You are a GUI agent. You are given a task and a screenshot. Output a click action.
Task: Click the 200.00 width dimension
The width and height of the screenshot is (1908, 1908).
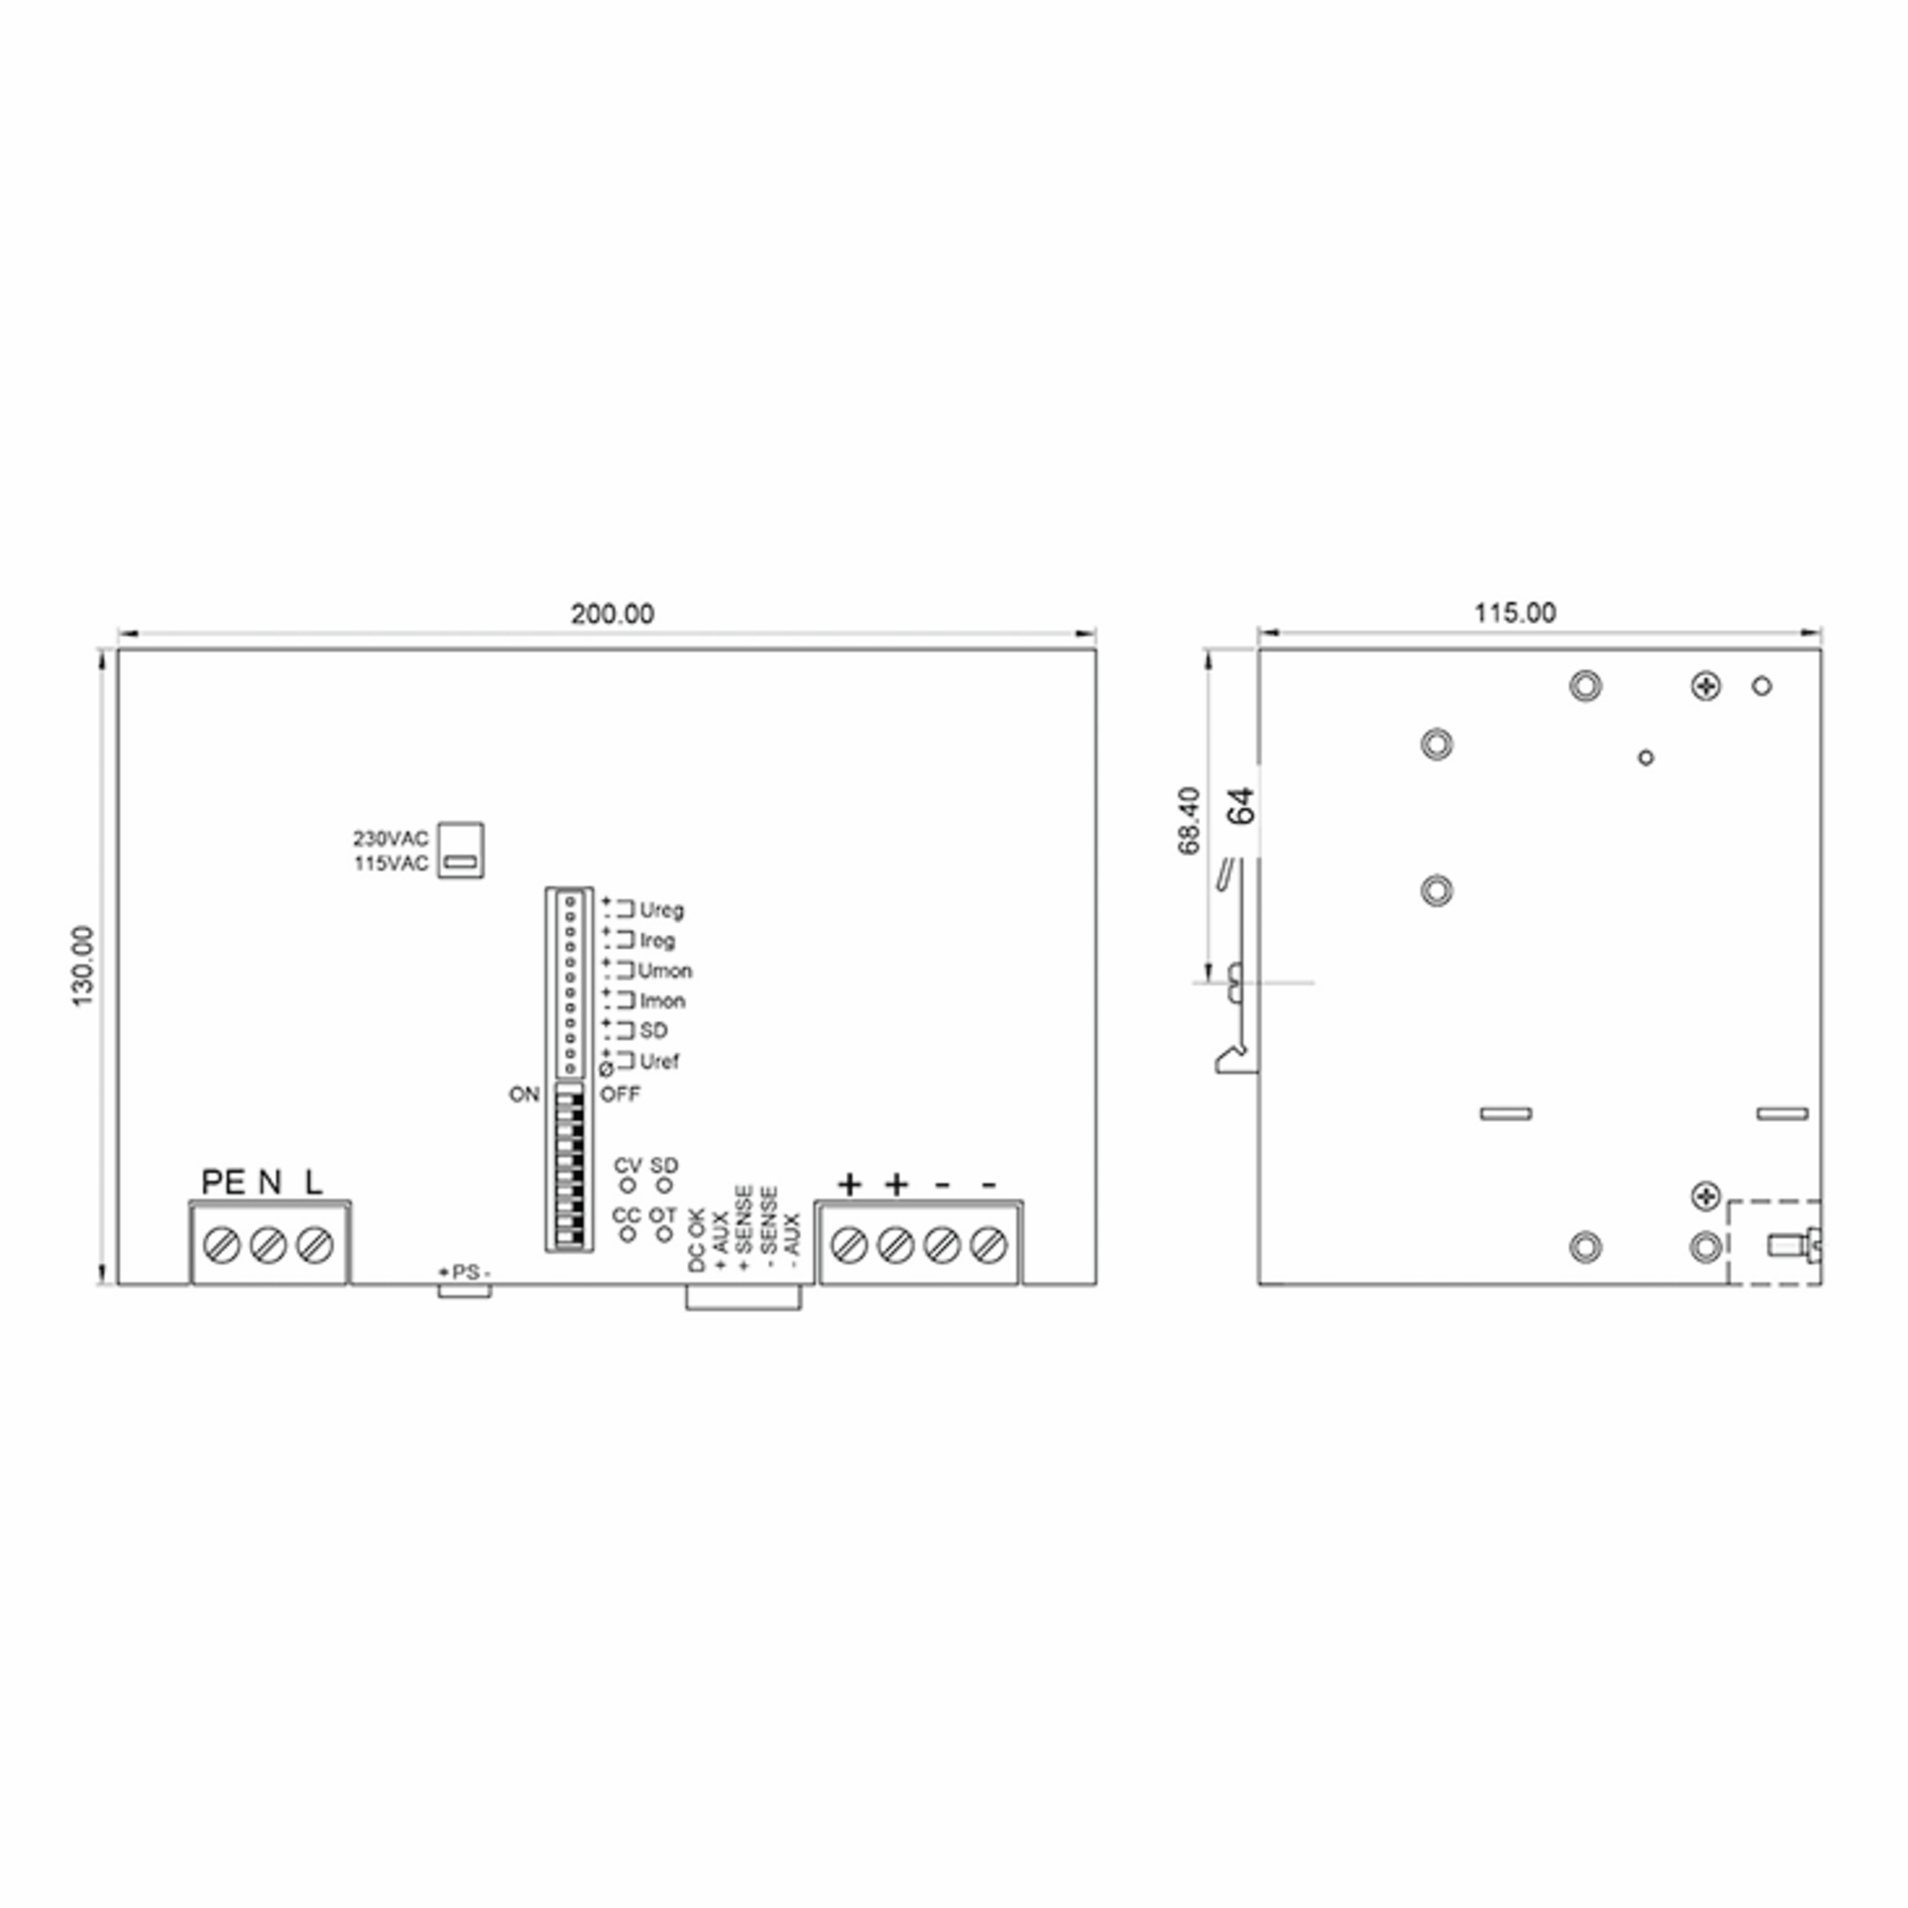pos(611,615)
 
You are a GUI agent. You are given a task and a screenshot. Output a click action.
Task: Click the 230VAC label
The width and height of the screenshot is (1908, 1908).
pos(391,839)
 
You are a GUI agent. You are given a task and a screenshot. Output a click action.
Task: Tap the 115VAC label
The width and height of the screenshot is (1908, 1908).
pos(391,864)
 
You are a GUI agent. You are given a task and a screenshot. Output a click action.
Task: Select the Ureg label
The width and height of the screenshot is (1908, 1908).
pos(661,909)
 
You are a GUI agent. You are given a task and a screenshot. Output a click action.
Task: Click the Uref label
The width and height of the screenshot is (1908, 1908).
pos(659,1061)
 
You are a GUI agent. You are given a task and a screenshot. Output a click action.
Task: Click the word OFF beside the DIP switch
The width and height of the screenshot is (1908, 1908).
pos(620,1094)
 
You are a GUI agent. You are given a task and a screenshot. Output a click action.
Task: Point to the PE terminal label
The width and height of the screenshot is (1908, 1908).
pos(223,1182)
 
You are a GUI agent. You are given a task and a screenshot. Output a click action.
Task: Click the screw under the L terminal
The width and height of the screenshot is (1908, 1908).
pos(314,1245)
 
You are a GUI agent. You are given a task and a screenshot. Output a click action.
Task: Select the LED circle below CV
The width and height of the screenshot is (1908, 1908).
pos(627,1185)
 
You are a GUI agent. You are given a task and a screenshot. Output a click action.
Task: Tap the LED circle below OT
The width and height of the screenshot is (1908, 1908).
pos(665,1234)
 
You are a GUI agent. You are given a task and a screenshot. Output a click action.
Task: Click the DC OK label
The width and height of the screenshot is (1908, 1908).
pos(696,1239)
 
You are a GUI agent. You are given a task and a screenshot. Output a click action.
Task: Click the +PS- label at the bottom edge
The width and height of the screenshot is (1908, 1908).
pos(464,1272)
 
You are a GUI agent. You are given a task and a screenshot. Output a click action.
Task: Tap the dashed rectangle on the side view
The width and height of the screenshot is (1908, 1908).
pos(1773,1243)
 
